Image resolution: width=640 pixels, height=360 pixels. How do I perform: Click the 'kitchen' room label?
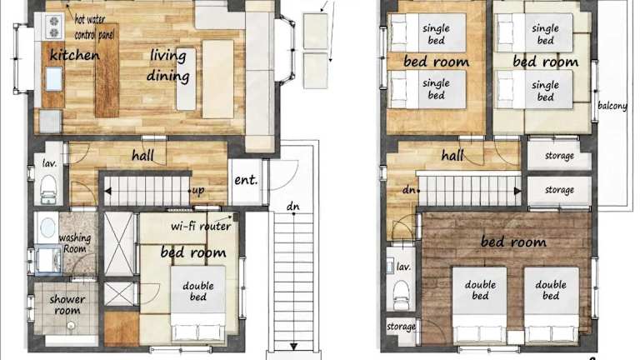click(x=74, y=55)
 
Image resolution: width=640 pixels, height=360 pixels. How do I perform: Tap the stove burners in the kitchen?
click(x=54, y=27)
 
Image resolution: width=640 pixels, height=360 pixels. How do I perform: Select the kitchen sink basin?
click(x=53, y=79)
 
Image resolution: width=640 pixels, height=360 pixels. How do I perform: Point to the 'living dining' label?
click(x=168, y=66)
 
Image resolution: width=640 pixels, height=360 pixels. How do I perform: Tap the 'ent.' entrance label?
click(x=246, y=180)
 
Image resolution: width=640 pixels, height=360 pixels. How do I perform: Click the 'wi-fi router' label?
click(x=201, y=226)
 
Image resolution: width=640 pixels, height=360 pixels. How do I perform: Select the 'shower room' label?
click(x=67, y=304)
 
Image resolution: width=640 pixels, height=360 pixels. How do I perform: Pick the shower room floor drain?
click(x=71, y=326)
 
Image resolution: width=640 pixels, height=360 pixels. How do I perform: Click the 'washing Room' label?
click(x=75, y=242)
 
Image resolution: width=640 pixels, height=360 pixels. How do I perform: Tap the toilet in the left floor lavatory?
click(x=48, y=189)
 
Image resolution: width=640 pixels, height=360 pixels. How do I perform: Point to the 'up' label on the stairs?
click(x=198, y=191)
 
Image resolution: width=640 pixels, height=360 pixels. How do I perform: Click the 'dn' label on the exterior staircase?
click(x=292, y=206)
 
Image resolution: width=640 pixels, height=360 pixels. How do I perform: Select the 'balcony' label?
click(x=612, y=106)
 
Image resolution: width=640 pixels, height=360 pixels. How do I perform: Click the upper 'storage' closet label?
click(x=559, y=156)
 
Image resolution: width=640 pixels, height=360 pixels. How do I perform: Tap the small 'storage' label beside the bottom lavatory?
click(x=401, y=327)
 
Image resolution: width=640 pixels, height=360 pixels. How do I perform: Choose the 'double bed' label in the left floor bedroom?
click(x=198, y=291)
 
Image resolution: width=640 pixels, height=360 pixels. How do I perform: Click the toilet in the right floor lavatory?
click(x=401, y=295)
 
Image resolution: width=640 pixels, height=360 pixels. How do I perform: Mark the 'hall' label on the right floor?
click(x=452, y=155)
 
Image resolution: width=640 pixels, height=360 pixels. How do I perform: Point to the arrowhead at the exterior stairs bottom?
click(x=293, y=347)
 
